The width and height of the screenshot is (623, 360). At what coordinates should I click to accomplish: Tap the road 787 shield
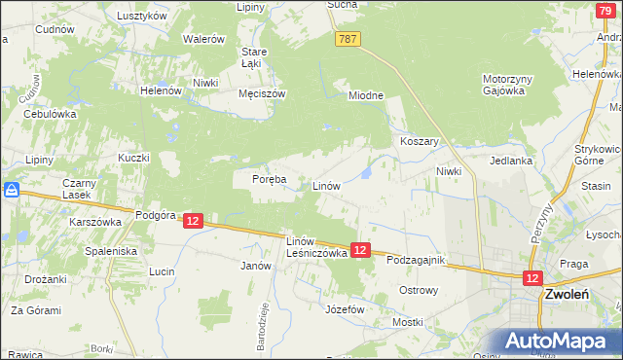pyautogui.click(x=349, y=39)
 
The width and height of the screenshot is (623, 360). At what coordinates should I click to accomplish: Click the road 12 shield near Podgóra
pyautogui.click(x=192, y=222)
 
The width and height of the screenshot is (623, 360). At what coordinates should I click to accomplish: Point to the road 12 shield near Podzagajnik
pyautogui.click(x=360, y=250)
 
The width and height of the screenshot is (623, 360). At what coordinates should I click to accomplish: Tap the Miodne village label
pyautogui.click(x=367, y=95)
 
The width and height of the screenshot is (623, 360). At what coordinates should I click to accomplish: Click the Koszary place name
pyautogui.click(x=420, y=141)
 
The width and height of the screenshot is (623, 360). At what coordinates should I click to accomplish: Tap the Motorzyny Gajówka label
pyautogui.click(x=503, y=85)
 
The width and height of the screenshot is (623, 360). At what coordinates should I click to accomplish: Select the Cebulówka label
pyautogui.click(x=50, y=113)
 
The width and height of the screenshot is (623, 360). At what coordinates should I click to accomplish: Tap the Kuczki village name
pyautogui.click(x=133, y=158)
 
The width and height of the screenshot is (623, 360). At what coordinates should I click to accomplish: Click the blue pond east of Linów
pyautogui.click(x=365, y=173)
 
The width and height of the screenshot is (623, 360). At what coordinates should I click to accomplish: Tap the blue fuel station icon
pyautogui.click(x=12, y=191)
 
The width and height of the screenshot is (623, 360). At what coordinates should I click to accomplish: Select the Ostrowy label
pyautogui.click(x=420, y=290)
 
